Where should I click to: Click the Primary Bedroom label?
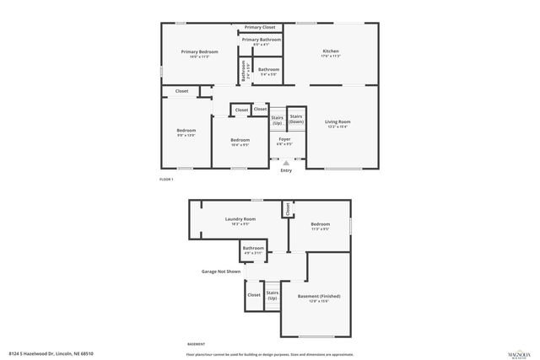[199, 52]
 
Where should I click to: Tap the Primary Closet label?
[260, 27]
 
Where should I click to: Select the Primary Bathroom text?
[262, 40]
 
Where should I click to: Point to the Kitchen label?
[331, 51]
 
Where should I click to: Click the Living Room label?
[338, 121]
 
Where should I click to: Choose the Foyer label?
[284, 138]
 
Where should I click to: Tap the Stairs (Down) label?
[296, 119]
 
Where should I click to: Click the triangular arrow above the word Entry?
[286, 163]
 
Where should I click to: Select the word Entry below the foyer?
[286, 171]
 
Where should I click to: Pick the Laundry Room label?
[240, 219]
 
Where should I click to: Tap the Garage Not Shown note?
[220, 271]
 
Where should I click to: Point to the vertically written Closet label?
[287, 209]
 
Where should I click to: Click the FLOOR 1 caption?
[166, 180]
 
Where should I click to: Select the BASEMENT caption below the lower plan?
[195, 344]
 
